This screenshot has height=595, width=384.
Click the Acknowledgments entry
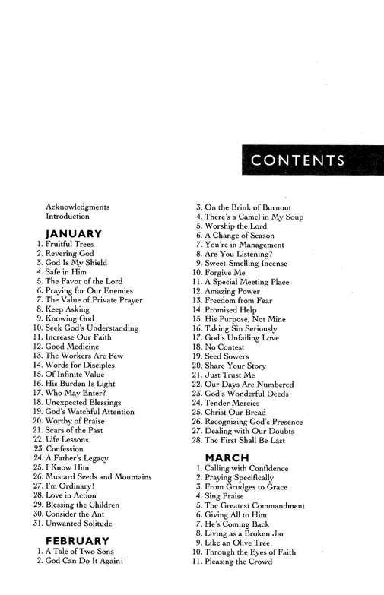pos(78,207)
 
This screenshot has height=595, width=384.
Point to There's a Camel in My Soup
pos(255,217)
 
